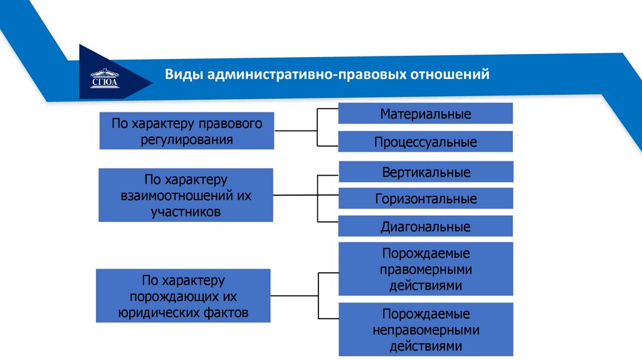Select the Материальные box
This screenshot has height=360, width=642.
tap(425, 114)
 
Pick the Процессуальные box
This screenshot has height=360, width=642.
tap(425, 142)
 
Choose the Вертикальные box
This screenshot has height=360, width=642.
tap(425, 172)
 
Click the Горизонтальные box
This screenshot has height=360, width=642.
tap(425, 199)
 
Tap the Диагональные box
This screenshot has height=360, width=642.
tap(425, 226)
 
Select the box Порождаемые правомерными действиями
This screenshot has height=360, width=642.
tap(425, 269)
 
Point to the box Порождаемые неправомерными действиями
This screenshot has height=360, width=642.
tap(425, 329)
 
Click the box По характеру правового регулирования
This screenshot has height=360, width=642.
tap(186, 130)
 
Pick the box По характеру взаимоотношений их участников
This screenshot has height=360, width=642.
tap(186, 195)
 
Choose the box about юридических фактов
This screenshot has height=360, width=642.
tap(183, 295)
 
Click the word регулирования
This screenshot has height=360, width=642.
tap(187, 139)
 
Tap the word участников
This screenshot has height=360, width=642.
tap(186, 211)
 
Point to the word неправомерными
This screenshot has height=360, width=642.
tap(426, 329)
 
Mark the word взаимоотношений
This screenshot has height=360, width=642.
tap(176, 196)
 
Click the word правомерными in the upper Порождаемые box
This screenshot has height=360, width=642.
tap(426, 270)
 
